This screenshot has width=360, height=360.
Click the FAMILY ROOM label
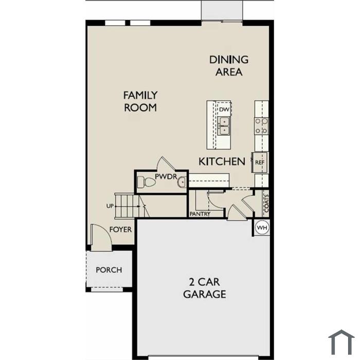pyautogui.click(x=140, y=101)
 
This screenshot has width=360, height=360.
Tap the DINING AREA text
pyautogui.click(x=229, y=66)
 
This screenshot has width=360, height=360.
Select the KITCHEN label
pyautogui.click(x=222, y=161)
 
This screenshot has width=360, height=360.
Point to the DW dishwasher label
pyautogui.click(x=224, y=110)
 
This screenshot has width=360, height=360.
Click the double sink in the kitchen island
pyautogui.click(x=224, y=125)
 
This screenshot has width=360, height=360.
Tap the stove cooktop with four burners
pyautogui.click(x=261, y=126)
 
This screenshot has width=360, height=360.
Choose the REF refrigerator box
pyautogui.click(x=260, y=163)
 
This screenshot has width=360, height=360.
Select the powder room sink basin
pyautogui.click(x=182, y=182)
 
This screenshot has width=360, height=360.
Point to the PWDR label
pyautogui.click(x=166, y=176)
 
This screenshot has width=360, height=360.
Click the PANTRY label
pyautogui.click(x=200, y=214)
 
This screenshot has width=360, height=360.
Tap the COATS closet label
pyautogui.click(x=266, y=204)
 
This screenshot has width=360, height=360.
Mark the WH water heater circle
pyautogui.click(x=262, y=228)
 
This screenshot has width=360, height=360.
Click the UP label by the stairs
pyautogui.click(x=110, y=206)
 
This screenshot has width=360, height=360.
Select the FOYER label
pyautogui.click(x=120, y=229)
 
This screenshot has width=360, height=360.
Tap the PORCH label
pyautogui.click(x=109, y=270)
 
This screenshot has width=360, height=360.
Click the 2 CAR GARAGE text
pyautogui.click(x=204, y=288)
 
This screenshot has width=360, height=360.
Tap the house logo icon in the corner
pyautogui.click(x=341, y=342)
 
